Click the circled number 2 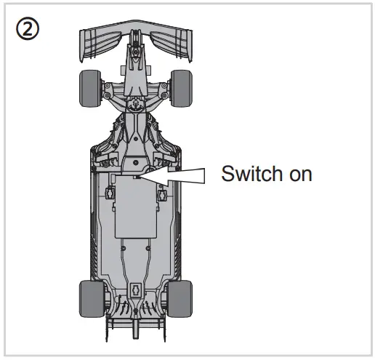(x=27, y=30)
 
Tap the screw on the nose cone (x=135, y=51)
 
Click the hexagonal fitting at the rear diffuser (x=135, y=289)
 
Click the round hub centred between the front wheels (x=135, y=91)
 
